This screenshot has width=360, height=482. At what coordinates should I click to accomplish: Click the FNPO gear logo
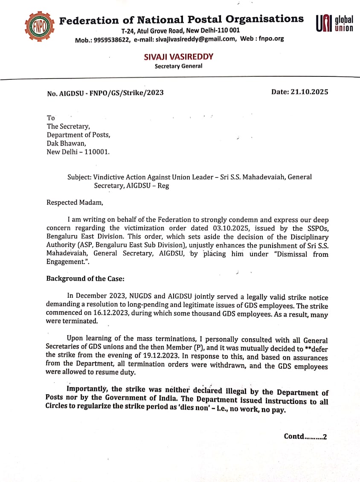tap(40, 27)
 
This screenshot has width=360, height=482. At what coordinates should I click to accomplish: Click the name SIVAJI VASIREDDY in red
tap(178, 57)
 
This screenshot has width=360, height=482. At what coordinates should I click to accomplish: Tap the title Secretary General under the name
tap(178, 66)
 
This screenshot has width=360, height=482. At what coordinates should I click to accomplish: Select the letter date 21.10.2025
tap(311, 92)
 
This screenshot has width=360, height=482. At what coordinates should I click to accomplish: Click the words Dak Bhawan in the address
tap(66, 143)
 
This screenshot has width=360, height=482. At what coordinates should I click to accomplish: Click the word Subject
tap(78, 177)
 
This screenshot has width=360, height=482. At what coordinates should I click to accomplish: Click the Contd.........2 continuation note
tap(305, 436)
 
